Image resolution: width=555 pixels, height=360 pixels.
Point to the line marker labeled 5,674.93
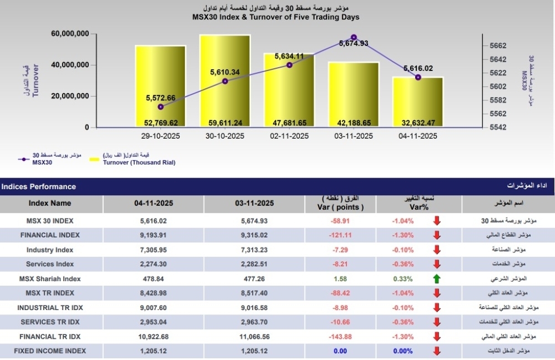[354, 37]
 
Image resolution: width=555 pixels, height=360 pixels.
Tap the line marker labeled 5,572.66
[160, 107]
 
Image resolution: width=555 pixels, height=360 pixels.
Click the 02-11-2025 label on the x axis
[289, 136]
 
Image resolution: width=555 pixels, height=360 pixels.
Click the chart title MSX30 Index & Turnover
[275, 17]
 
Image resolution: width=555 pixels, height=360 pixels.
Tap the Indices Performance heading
[39, 186]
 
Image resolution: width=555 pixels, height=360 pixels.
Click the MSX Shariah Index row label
[50, 278]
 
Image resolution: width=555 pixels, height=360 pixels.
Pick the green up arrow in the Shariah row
[437, 278]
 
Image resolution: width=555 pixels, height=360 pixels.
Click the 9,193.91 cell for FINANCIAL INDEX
[154, 235]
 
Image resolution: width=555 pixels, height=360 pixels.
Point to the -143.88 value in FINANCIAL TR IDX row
[340, 336]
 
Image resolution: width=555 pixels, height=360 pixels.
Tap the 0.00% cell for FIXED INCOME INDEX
[402, 351]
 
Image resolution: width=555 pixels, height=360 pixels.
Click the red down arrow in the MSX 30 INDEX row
[437, 221]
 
